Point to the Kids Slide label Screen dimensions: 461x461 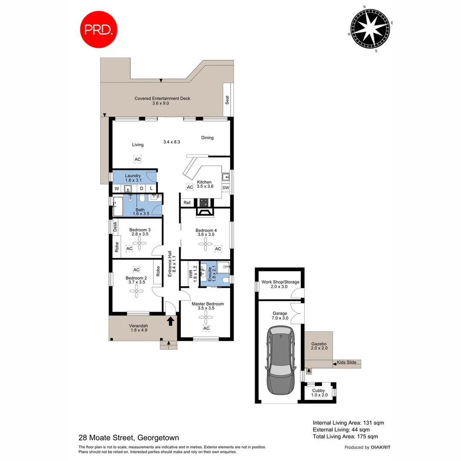pos(347,362)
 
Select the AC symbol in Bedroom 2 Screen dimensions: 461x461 pos(137,270)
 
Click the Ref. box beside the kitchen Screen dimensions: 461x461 pos(187,203)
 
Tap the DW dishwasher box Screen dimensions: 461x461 pos(226,188)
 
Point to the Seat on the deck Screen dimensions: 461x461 pos(227,99)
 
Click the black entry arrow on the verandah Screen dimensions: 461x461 pos(170,321)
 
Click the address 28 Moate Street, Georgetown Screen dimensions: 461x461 pos(128,438)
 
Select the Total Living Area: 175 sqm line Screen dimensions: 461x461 pos(345,436)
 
